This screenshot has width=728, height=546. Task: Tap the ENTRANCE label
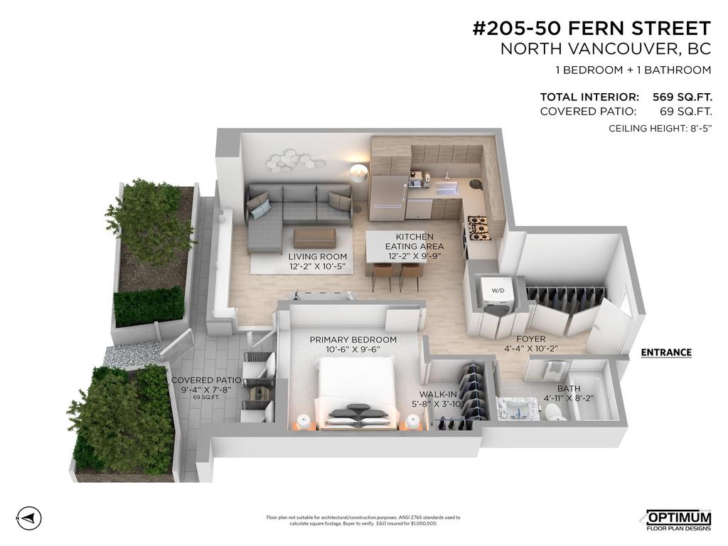pos(665,352)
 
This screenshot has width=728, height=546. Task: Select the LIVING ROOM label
pos(318,257)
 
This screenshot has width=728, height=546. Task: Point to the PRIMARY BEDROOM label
pos(353,340)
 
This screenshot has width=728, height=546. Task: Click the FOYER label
pos(531,339)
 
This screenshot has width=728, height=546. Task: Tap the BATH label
pos(569,388)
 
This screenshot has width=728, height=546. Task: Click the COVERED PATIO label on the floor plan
pos(207,380)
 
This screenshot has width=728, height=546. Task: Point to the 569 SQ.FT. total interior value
pos(682,97)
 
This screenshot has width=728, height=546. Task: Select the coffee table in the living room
pos(314,237)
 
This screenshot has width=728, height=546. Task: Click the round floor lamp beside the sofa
pos(360,172)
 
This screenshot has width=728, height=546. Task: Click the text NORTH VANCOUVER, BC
pos(606,49)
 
